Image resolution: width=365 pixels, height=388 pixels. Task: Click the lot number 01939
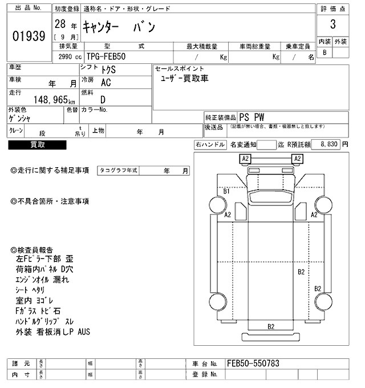[x=29, y=37]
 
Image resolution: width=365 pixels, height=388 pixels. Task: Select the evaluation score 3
[x=332, y=26]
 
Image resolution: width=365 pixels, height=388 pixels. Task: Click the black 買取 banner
[x=38, y=145]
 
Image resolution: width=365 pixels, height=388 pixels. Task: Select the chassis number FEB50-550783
[x=253, y=363]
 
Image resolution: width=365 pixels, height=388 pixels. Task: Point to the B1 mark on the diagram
[x=226, y=191]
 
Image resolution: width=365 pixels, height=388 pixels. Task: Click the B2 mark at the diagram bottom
[x=271, y=326]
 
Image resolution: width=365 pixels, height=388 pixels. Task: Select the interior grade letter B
[x=325, y=52]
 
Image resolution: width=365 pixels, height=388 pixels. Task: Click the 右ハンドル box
[x=210, y=145]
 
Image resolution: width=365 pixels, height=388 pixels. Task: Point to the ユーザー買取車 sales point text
[x=185, y=78]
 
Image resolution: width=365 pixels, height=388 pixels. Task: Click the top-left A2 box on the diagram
[x=246, y=158]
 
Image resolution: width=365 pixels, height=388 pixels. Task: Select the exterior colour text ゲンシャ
[x=20, y=118]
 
